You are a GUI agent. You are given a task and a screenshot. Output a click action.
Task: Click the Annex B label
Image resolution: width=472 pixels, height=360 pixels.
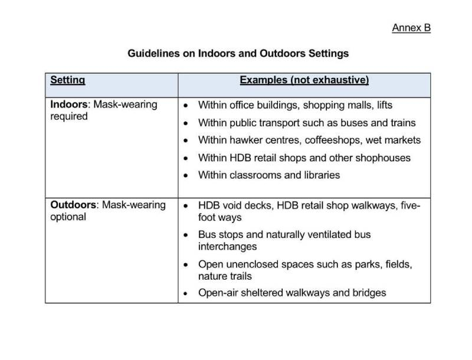(x=411, y=28)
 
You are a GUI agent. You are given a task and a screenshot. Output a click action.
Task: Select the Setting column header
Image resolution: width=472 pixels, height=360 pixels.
(x=67, y=80)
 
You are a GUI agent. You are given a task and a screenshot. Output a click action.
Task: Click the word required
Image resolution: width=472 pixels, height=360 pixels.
(x=69, y=116)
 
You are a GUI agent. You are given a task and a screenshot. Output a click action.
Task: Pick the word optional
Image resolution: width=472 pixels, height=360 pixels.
(x=68, y=217)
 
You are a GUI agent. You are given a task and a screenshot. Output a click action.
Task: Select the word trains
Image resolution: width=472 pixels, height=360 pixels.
(x=402, y=123)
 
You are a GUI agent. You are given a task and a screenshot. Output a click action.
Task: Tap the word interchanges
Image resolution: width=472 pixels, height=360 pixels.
(x=228, y=246)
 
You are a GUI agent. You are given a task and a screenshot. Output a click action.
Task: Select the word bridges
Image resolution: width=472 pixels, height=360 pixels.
(x=368, y=293)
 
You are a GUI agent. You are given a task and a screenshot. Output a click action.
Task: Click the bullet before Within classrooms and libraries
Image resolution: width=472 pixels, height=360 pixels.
(x=186, y=176)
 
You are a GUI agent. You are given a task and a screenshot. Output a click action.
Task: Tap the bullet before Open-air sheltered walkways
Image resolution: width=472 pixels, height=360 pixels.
(x=186, y=293)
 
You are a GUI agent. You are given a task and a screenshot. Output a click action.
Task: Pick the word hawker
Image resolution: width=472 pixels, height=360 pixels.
(x=242, y=140)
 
